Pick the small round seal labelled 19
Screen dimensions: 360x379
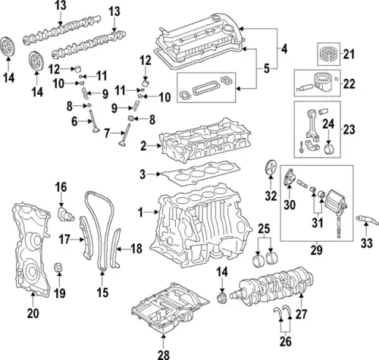pos(58,268)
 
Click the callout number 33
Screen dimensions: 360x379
pos(366,244)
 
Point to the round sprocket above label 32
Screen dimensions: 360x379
pos(267,170)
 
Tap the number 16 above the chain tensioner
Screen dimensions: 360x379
pos(61,186)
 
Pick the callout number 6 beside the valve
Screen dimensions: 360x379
pos(74,121)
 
